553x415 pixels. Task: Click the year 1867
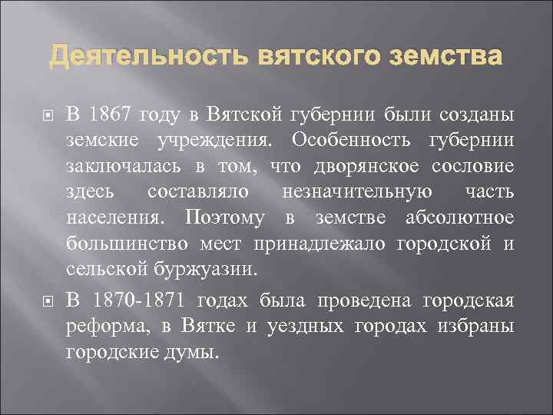110,115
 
